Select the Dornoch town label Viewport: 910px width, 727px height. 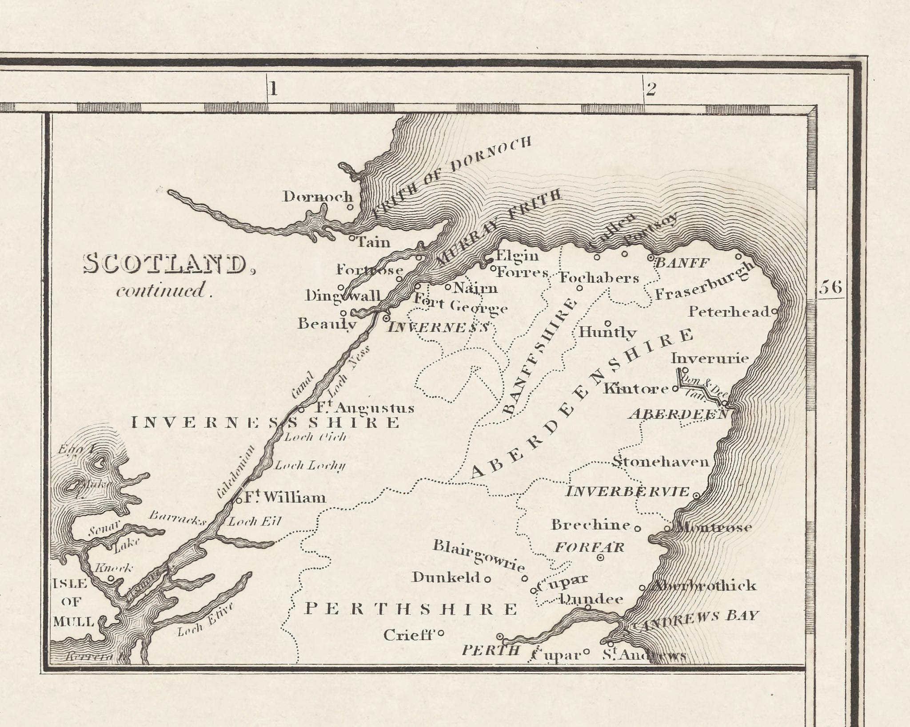[318, 197]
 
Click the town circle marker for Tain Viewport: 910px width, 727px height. [351, 238]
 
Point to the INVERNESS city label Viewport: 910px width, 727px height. [439, 328]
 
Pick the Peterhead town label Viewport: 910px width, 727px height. [729, 312]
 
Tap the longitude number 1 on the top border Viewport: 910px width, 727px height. [273, 89]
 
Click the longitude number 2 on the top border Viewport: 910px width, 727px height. [651, 90]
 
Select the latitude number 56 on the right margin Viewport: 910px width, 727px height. [830, 288]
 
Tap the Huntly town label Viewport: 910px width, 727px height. [608, 332]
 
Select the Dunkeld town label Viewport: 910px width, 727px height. [446, 577]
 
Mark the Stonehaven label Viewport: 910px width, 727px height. [661, 462]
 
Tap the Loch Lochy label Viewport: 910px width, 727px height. [310, 466]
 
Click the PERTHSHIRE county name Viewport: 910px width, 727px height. [411, 609]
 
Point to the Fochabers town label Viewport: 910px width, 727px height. [599, 278]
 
